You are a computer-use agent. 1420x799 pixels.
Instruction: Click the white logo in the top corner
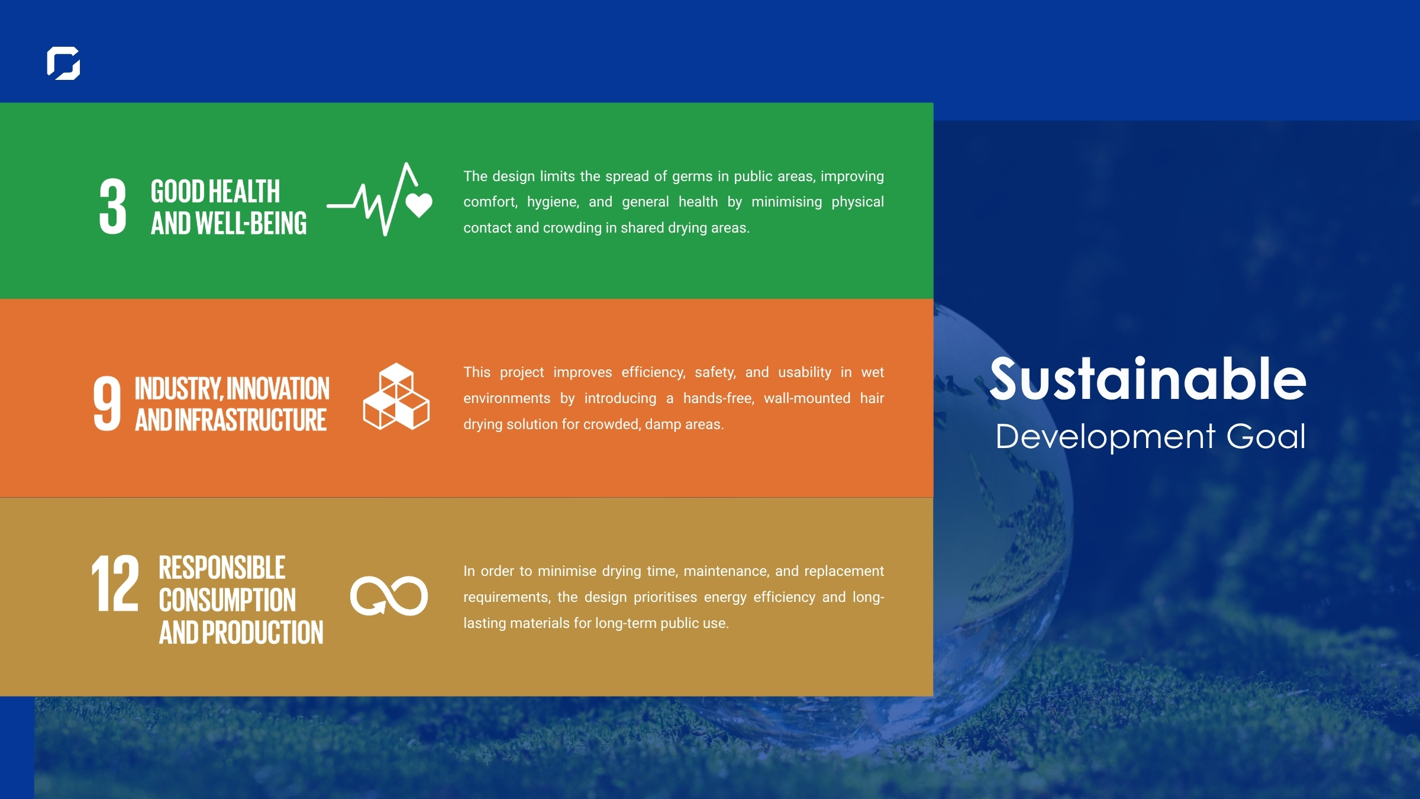point(63,63)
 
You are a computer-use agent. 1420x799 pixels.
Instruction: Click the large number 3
point(112,207)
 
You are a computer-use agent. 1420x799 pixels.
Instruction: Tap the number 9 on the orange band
point(107,404)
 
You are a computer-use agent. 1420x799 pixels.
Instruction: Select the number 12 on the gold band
point(115,583)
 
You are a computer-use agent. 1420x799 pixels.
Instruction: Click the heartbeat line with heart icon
point(380,199)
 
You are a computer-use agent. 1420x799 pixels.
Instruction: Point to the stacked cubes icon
point(396,397)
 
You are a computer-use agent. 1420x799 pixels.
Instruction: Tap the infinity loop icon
point(389,595)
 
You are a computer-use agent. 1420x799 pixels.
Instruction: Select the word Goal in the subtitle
point(1266,437)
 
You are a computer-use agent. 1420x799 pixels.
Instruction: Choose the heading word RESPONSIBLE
point(222,568)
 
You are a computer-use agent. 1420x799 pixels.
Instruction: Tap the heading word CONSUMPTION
point(227,600)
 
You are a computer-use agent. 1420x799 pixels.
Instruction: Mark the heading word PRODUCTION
point(263,633)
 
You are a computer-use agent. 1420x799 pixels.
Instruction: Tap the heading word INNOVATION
point(278,389)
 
